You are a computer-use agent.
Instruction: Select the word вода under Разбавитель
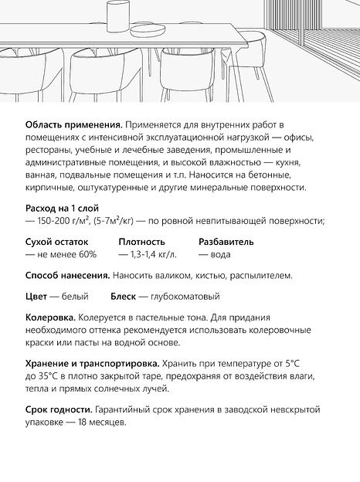219,254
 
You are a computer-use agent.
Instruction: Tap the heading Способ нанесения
66,275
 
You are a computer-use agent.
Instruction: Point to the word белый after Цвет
75,296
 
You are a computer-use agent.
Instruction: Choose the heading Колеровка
50,317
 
